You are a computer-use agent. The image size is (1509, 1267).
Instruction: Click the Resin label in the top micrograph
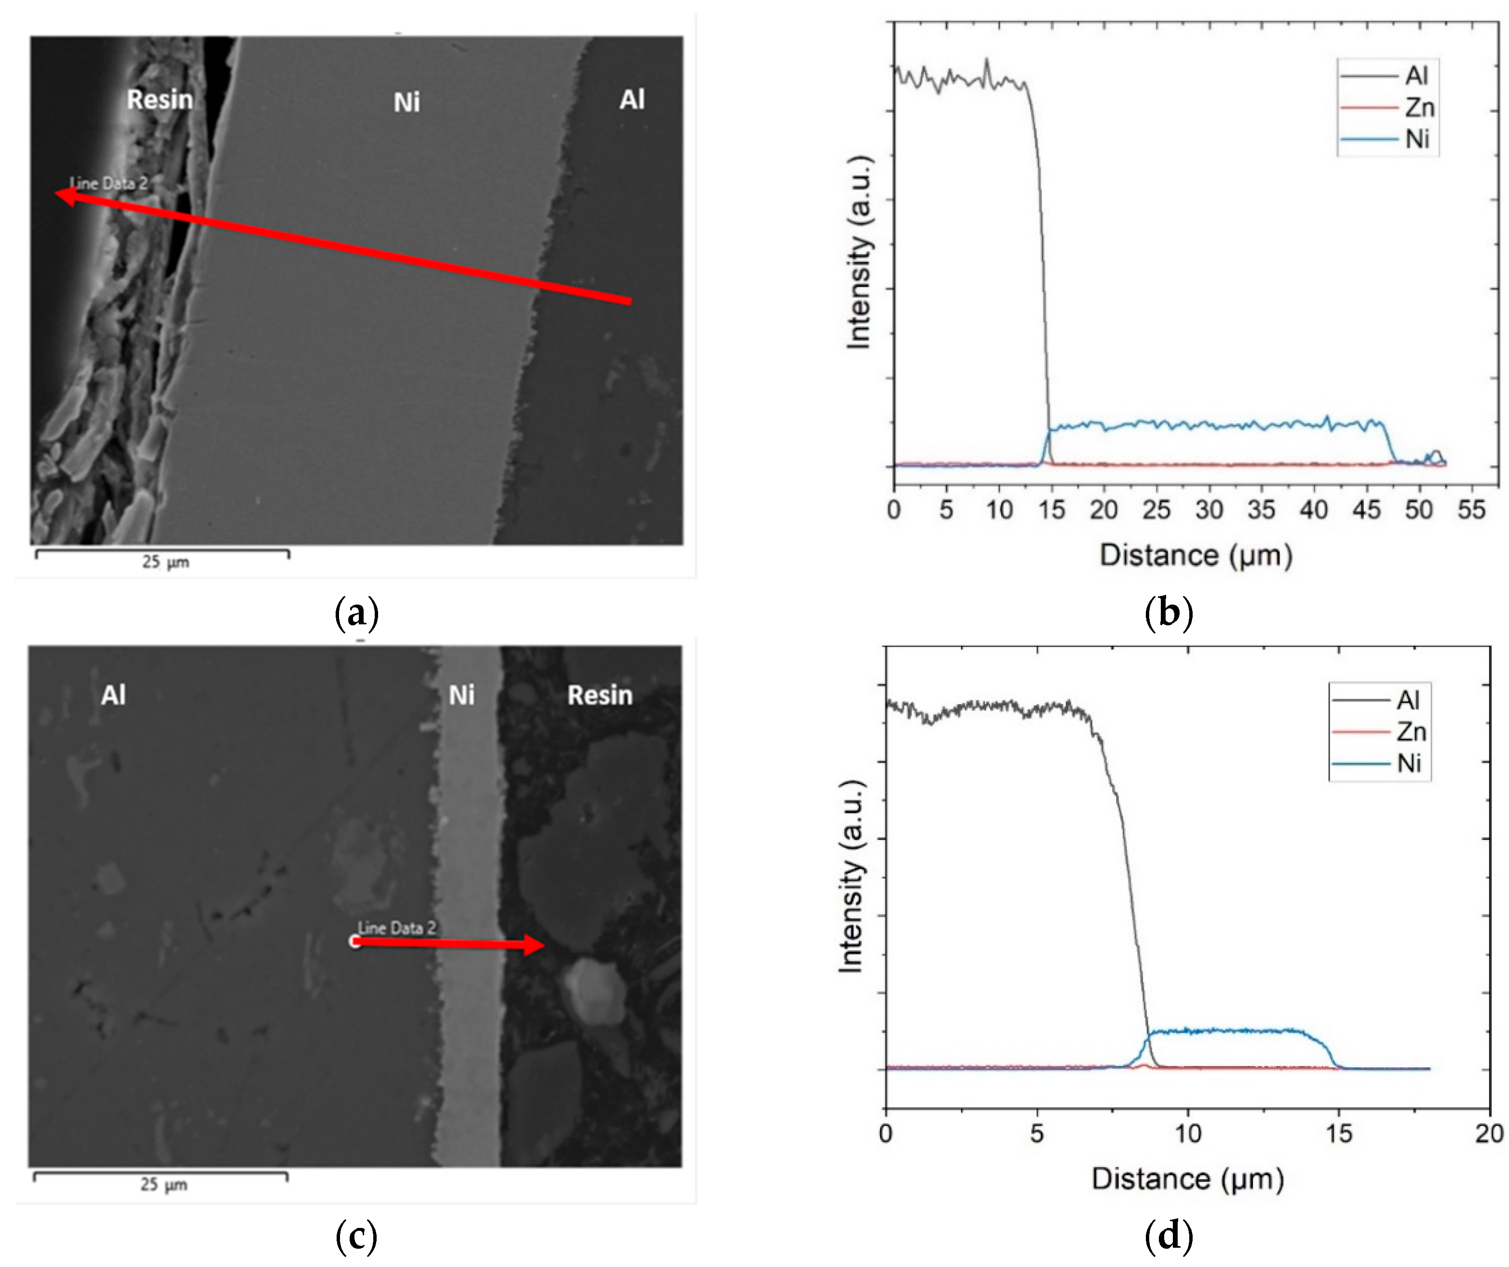[x=160, y=99]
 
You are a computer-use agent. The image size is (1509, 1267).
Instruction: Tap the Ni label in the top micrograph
[x=407, y=102]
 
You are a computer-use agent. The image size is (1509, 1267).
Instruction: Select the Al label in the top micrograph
[x=632, y=99]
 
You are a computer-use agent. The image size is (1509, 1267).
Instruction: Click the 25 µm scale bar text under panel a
[x=165, y=562]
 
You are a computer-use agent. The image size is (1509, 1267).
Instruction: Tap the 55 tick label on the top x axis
[x=1471, y=510]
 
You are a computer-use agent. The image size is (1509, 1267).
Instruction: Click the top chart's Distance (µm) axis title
[x=1196, y=555]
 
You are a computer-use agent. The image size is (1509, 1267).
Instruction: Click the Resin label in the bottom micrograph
[x=600, y=695]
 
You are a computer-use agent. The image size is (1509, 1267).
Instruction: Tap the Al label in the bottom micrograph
[x=113, y=695]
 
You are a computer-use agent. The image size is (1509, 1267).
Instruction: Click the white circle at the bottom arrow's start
[x=355, y=942]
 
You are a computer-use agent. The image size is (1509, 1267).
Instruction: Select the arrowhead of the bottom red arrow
[x=535, y=944]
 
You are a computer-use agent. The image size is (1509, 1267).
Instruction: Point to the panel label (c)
[x=356, y=1235]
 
